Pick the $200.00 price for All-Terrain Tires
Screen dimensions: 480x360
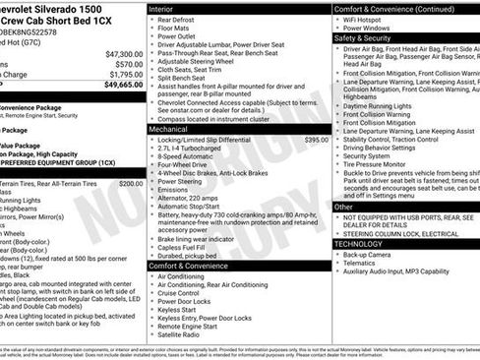click(131, 183)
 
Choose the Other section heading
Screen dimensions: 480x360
click(343, 208)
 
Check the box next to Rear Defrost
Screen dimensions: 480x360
click(151, 21)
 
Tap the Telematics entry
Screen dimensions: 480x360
click(362, 263)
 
